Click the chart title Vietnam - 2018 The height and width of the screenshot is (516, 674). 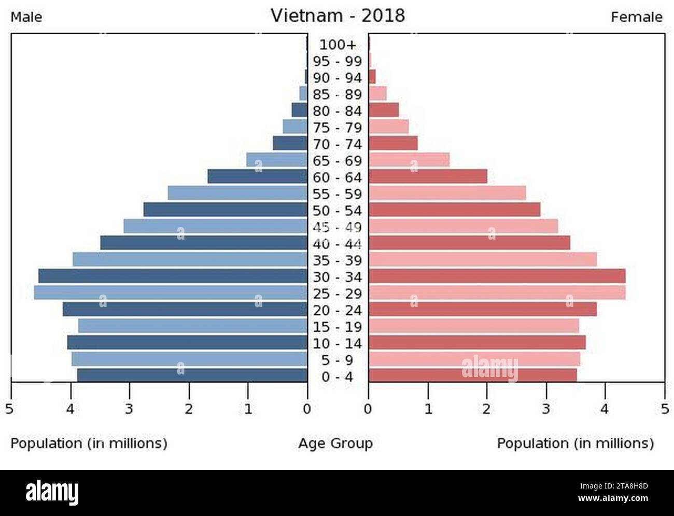pos(338,16)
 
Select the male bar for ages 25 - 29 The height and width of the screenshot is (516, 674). pos(171,292)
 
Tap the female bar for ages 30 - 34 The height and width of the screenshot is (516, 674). pos(497,276)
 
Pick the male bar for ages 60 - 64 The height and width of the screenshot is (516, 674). pos(258,176)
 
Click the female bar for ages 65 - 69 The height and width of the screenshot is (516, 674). pos(409,160)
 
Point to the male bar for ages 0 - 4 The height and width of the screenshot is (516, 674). pos(192,375)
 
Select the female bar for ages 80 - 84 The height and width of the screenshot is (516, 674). pos(384,110)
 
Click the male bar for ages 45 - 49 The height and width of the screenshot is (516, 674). pos(215,226)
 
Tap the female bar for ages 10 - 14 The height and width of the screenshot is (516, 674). pos(477,342)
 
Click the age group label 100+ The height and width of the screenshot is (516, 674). pos(338,45)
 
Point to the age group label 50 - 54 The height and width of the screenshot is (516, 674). pos(338,211)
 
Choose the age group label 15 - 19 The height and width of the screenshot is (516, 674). pos(338,327)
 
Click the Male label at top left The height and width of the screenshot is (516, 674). pos(26,17)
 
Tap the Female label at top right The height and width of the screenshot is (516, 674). pos(636,17)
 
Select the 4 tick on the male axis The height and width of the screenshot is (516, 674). pos(71,409)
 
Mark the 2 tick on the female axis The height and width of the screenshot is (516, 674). pos(486,409)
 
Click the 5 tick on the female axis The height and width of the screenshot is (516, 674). pos(664,409)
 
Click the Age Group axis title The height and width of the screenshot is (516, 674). pos(335,443)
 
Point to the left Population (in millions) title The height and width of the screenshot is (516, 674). pos(89,443)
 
